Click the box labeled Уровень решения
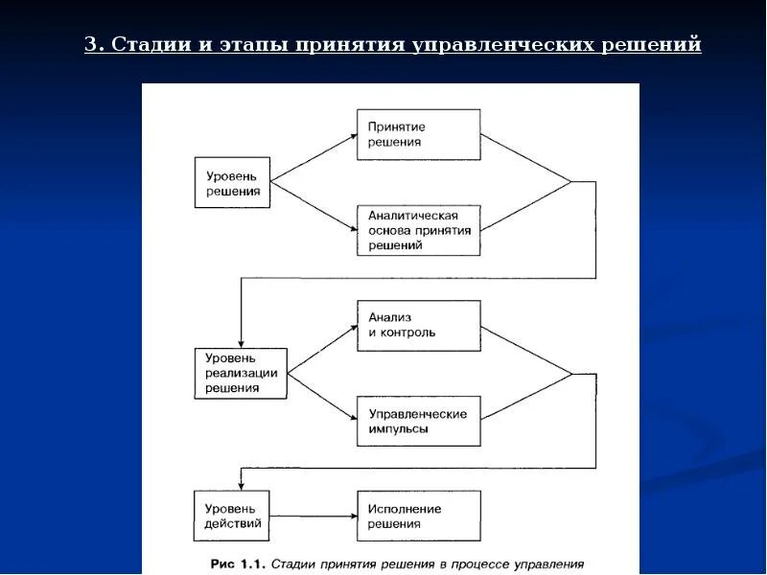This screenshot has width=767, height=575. point(233,182)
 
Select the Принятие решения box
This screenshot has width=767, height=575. point(418,134)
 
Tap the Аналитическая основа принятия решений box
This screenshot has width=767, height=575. point(418,230)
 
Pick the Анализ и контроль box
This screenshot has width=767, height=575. point(418,325)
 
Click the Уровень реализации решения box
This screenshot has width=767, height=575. point(241,373)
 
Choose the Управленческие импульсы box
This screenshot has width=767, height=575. point(418,421)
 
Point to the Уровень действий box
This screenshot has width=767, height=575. point(233,517)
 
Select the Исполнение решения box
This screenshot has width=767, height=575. point(418,517)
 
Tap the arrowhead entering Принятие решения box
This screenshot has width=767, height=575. point(351,137)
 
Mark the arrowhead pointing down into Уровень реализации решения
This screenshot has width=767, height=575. point(241,342)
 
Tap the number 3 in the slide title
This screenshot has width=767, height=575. point(90,45)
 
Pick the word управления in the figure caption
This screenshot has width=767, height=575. point(549,564)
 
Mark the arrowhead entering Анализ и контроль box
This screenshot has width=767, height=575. point(351,329)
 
